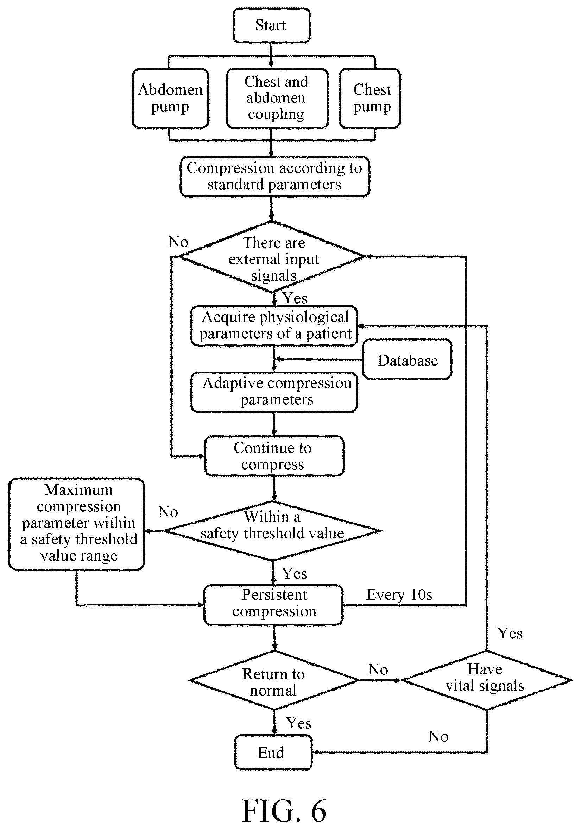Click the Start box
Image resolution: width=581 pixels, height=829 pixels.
pyautogui.click(x=271, y=26)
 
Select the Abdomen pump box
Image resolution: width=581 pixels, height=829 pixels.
pyautogui.click(x=170, y=99)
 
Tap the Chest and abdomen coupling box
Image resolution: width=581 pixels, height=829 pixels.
pyautogui.click(x=277, y=99)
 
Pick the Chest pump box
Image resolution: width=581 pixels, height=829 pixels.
pyautogui.click(x=370, y=99)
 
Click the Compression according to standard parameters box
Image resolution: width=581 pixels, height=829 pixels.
pyautogui.click(x=274, y=176)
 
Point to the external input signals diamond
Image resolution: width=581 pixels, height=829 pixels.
pyautogui.click(x=273, y=256)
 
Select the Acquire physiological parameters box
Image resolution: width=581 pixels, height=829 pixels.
pyautogui.click(x=274, y=326)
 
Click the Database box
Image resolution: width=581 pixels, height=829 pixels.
pyautogui.click(x=407, y=359)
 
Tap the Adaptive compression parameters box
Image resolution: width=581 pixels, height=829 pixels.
pyautogui.click(x=274, y=392)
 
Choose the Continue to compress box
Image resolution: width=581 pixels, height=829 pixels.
pyautogui.click(x=274, y=456)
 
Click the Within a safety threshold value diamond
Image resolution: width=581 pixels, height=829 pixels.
pyautogui.click(x=273, y=531)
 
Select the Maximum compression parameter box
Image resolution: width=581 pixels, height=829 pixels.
pyautogui.click(x=76, y=524)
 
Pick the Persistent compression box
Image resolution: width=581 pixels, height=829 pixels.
pyautogui.click(x=273, y=605)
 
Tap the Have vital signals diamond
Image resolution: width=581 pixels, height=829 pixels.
pyautogui.click(x=486, y=680)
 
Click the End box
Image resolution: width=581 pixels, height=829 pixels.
pyautogui.click(x=273, y=753)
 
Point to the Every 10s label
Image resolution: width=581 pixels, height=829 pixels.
pyautogui.click(x=399, y=595)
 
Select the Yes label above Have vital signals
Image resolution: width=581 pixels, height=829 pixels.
pyautogui.click(x=510, y=633)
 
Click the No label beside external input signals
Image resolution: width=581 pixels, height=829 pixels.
pyautogui.click(x=178, y=242)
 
